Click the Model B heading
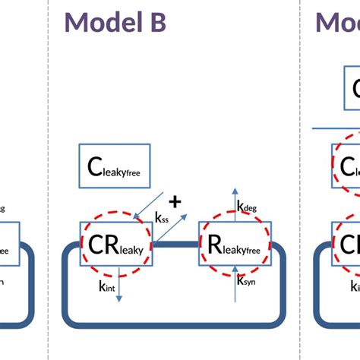coord(115,22)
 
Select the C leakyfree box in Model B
coord(118,166)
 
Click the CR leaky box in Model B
coord(117,243)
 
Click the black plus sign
coord(175,201)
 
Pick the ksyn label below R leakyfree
coord(246,280)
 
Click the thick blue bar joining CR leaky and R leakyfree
coord(176,243)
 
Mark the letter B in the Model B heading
coord(155,22)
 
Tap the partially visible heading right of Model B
coord(338,22)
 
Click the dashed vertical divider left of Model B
coord(49,180)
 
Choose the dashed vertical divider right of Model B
coord(301,180)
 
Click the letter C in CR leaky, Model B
coord(98,243)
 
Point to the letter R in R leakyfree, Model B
coord(215,243)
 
